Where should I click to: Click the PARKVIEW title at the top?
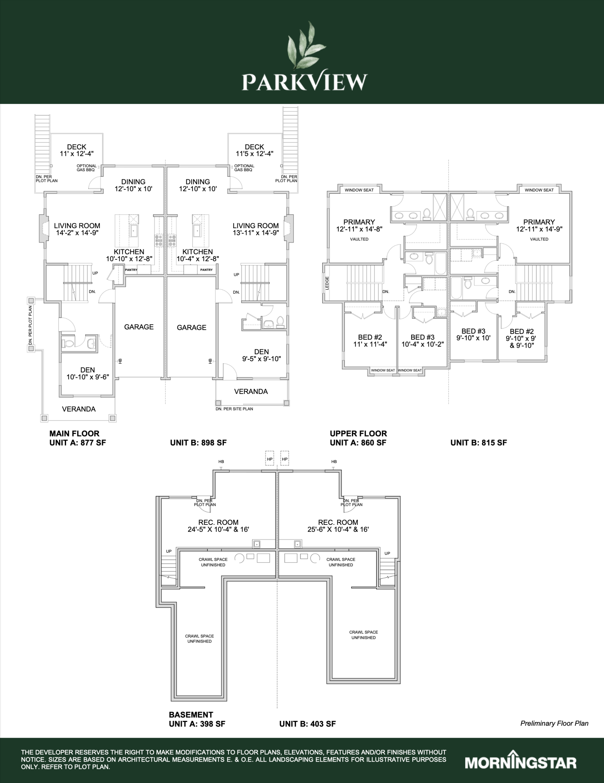point(305,82)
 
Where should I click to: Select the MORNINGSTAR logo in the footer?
point(521,762)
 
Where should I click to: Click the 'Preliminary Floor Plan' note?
point(554,723)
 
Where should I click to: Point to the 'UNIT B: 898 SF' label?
point(198,443)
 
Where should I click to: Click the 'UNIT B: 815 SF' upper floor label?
point(479,443)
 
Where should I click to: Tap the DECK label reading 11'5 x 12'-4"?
point(254,150)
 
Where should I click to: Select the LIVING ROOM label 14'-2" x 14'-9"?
point(77,229)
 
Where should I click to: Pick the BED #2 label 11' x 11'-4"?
point(370,341)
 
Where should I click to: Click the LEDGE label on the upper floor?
point(327,283)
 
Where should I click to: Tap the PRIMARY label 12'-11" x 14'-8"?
point(359,225)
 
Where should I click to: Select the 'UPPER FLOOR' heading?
point(358,433)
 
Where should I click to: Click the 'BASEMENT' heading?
point(191,714)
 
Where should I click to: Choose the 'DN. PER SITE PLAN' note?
point(234,409)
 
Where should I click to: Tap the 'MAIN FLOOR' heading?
point(74,433)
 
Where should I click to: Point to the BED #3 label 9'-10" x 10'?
point(473,335)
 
